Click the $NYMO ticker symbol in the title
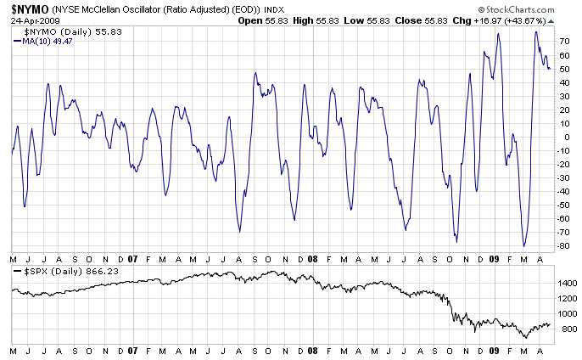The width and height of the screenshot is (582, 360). click(x=27, y=8)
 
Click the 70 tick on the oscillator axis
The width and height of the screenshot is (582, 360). click(x=562, y=41)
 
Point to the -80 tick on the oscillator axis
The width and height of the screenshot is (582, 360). click(x=562, y=246)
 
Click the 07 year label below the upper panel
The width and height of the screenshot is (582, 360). click(x=133, y=258)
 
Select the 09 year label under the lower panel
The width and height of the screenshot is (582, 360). click(x=494, y=350)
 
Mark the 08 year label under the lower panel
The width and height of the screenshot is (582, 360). click(x=313, y=350)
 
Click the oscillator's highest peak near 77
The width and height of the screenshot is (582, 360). click(x=535, y=32)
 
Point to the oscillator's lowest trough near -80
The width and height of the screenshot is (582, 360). click(x=524, y=246)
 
